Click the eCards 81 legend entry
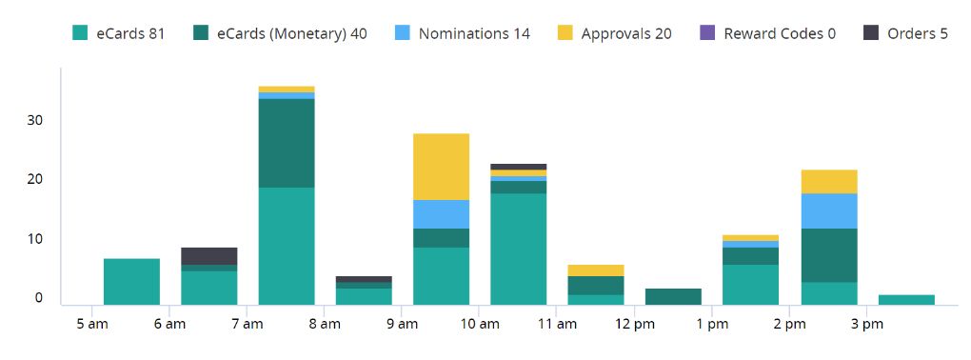119,33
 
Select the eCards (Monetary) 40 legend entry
279,33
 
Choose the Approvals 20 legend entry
614,33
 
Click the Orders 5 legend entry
905,33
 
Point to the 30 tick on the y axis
36,121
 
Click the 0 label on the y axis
40,298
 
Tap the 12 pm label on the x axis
634,325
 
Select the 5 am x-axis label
91,325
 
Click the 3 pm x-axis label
866,325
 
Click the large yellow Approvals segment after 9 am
441,167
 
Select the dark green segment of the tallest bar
287,143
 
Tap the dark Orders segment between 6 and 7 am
208,255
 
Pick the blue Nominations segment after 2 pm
829,210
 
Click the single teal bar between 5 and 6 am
131,281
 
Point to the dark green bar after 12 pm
673,296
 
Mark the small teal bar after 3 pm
906,300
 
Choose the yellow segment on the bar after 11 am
596,270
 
